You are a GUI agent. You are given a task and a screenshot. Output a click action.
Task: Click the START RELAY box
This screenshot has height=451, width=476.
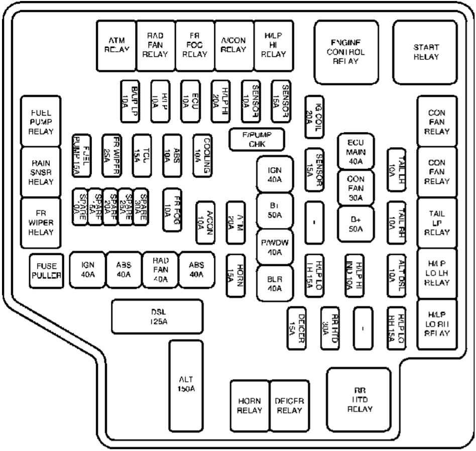point(426,52)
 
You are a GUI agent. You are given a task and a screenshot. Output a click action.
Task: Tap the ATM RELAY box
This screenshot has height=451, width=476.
point(116,45)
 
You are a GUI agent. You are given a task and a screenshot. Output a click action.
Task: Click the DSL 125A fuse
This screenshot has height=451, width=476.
point(158,317)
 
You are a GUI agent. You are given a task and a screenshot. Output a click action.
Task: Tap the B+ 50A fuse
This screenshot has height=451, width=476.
point(356,221)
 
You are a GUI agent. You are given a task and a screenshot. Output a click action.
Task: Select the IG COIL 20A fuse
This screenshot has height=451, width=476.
point(314,116)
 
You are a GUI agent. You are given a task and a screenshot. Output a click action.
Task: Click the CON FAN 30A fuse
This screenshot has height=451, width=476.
point(356,187)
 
